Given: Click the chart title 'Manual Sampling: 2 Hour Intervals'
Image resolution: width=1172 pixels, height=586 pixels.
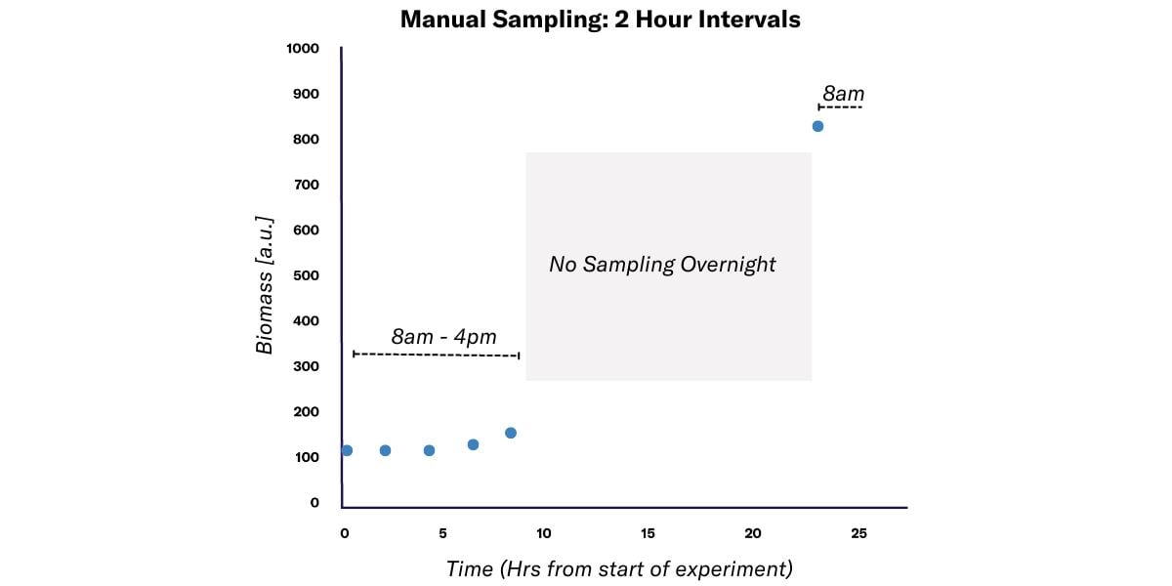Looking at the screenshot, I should [x=600, y=20].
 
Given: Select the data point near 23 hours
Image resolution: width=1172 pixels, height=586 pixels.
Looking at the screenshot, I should [x=817, y=126].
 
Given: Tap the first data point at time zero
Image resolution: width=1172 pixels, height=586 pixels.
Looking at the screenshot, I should [x=347, y=450].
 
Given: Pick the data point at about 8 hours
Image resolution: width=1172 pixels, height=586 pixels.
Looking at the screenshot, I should [x=510, y=433].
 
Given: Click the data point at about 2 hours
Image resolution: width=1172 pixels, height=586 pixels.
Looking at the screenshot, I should [x=385, y=450].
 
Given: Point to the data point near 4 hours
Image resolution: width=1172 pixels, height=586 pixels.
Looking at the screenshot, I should [x=429, y=450].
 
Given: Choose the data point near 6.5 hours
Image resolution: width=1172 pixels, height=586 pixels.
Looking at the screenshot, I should [x=473, y=444].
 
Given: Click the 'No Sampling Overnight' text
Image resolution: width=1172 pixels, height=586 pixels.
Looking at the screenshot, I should [x=662, y=265].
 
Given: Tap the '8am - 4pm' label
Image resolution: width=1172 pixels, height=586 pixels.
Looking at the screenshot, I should [x=443, y=337].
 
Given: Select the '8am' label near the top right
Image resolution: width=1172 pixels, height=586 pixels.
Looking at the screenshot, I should [x=843, y=94].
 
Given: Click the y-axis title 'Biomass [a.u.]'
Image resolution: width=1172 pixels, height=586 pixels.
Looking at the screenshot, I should [x=265, y=284].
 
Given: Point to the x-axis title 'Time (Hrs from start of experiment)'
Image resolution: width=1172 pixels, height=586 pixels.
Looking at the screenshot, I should [x=619, y=568].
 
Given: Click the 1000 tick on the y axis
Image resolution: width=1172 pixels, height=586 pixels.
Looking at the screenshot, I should [x=303, y=49].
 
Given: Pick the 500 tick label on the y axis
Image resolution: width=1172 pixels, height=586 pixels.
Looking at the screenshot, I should [x=307, y=275].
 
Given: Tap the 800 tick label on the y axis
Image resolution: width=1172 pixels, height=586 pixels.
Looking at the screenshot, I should [x=307, y=140].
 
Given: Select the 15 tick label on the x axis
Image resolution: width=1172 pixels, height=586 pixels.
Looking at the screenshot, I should [x=647, y=533].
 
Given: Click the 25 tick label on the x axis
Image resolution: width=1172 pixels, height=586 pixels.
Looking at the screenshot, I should [x=858, y=533].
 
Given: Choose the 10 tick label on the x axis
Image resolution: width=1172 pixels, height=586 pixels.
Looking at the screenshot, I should [x=544, y=533].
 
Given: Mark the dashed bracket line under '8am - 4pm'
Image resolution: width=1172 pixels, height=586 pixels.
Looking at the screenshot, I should [x=436, y=355].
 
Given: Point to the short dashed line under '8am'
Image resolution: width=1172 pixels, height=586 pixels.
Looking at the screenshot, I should [x=840, y=106].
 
